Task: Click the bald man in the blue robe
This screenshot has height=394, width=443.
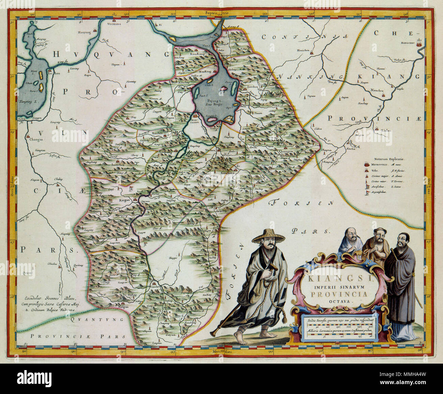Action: pos(350,242)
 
